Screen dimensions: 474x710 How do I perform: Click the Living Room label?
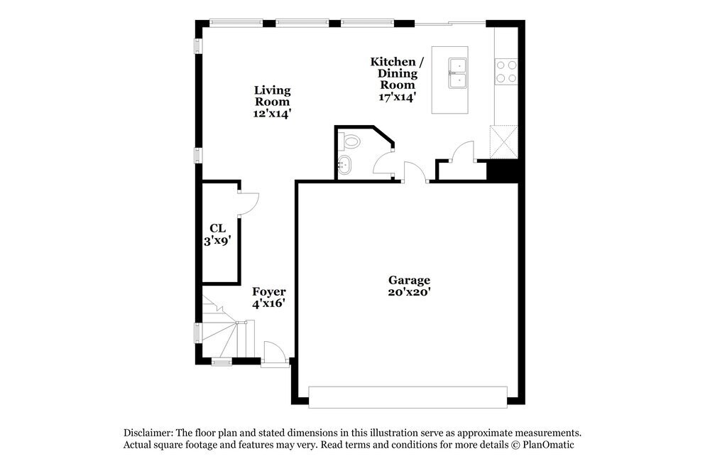pyautogui.click(x=273, y=101)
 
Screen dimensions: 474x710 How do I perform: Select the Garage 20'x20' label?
pyautogui.click(x=409, y=286)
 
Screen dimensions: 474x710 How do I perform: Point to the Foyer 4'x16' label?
pyautogui.click(x=269, y=298)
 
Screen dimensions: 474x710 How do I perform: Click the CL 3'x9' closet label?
pyautogui.click(x=217, y=234)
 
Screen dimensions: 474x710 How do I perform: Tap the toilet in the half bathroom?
pyautogui.click(x=350, y=141)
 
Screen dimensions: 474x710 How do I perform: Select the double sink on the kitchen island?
pyautogui.click(x=458, y=73)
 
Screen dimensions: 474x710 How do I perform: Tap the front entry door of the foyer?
pyautogui.click(x=274, y=354)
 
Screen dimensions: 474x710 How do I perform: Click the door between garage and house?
pyautogui.click(x=414, y=173)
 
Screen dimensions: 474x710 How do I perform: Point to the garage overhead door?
pyautogui.click(x=408, y=397)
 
